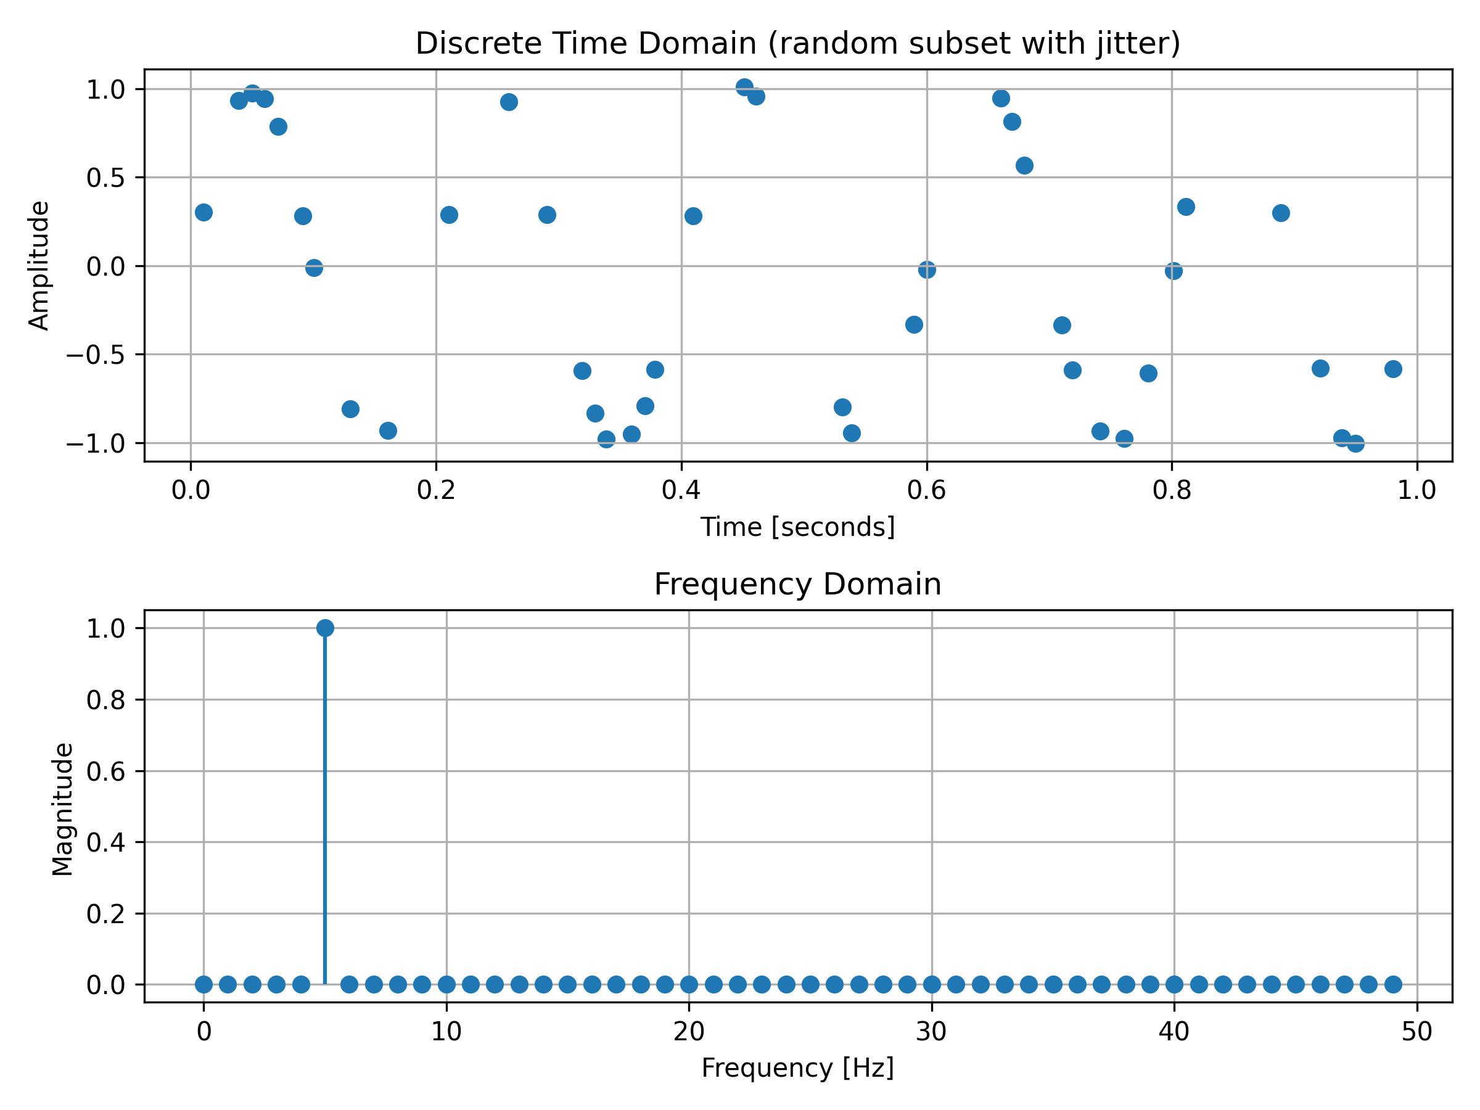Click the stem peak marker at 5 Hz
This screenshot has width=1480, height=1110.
coord(325,628)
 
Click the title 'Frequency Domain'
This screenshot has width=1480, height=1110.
coord(797,584)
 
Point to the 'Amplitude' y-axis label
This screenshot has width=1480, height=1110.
coord(39,266)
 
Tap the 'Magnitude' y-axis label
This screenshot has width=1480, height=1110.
coord(63,809)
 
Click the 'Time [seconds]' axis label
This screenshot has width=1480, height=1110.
coord(797,527)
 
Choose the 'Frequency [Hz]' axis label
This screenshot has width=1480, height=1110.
coord(797,1068)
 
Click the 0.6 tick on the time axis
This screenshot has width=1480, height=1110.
coord(926,491)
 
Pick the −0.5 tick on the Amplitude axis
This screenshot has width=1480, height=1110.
coord(95,355)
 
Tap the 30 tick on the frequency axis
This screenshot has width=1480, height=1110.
coord(931,1032)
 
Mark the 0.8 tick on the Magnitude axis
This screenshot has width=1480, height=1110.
coord(105,700)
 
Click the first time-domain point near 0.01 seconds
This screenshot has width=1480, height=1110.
coord(204,213)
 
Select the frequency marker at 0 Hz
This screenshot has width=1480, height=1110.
coord(204,984)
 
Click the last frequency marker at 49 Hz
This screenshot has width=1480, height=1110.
coord(1393,984)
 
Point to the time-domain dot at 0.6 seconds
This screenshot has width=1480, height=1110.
coord(927,269)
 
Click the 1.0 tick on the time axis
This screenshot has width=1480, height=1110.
coord(1416,491)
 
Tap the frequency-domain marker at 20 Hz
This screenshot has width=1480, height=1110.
coord(689,984)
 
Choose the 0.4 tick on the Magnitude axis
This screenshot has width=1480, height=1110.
coord(105,842)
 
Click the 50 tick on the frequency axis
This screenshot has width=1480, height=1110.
coord(1417,1032)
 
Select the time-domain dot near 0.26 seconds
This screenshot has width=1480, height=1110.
coord(509,102)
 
